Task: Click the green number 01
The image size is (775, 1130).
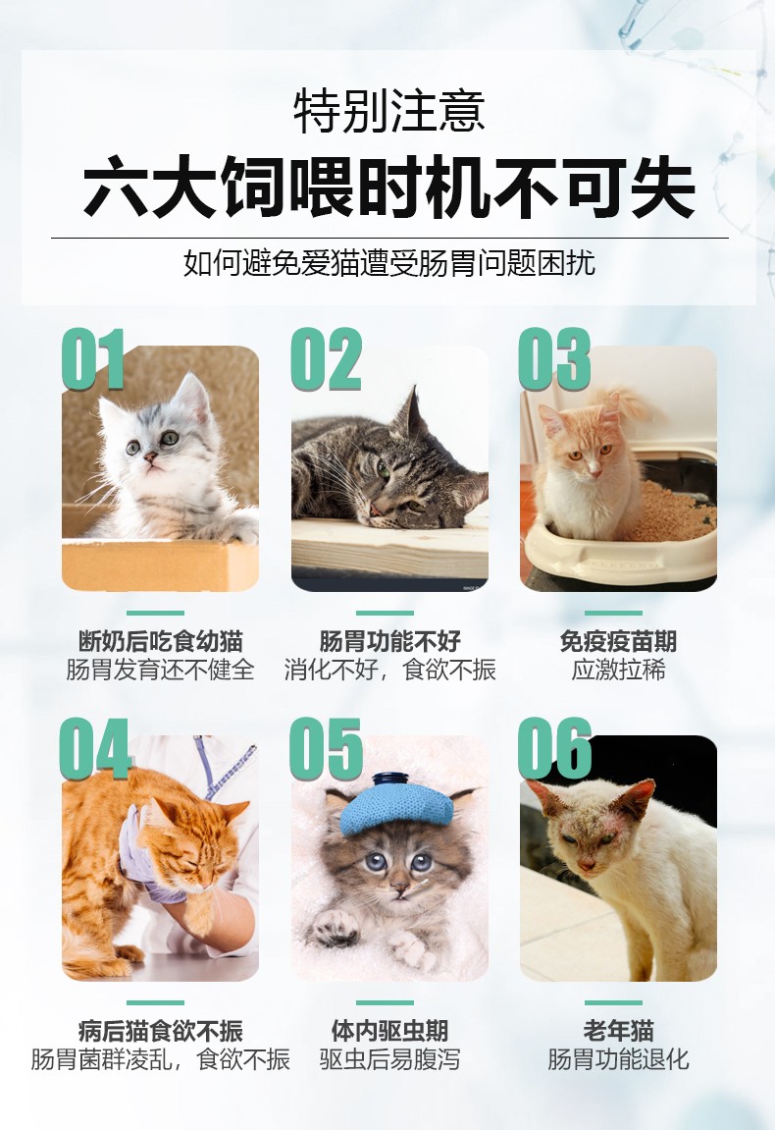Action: pos(93,358)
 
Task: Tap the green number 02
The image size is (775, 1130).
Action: pos(326,358)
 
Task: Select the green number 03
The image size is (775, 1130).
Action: pos(554,358)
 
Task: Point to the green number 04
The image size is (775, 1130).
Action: pos(95,748)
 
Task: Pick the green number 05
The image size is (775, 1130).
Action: pos(326,748)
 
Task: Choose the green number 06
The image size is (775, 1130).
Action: pos(554,748)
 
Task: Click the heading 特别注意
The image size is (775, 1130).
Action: pos(388,111)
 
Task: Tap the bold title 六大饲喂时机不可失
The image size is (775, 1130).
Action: pos(388,187)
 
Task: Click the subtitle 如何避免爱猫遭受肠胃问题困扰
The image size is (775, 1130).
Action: pos(388,263)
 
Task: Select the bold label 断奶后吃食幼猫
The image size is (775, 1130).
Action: pos(160,641)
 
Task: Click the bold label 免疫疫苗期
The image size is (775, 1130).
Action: pos(618,641)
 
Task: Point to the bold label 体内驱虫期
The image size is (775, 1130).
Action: pos(388,1031)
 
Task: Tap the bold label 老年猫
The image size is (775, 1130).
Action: pos(618,1031)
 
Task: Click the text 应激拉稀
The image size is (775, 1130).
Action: pos(618,670)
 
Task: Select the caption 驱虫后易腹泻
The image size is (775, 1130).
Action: pos(388,1059)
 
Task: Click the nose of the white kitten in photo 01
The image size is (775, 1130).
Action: pos(150,457)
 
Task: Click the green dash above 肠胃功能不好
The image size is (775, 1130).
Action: pos(385,613)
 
